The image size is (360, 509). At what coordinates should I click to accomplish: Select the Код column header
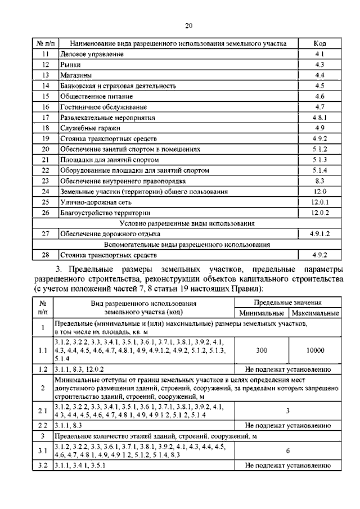319,44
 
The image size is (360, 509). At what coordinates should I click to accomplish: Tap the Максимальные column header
314,314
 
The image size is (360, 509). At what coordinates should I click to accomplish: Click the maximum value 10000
314,350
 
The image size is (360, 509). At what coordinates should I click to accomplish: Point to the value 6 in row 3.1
287,451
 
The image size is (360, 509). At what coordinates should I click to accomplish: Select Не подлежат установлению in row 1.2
287,370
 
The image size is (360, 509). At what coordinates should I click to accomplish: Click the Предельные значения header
287,303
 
